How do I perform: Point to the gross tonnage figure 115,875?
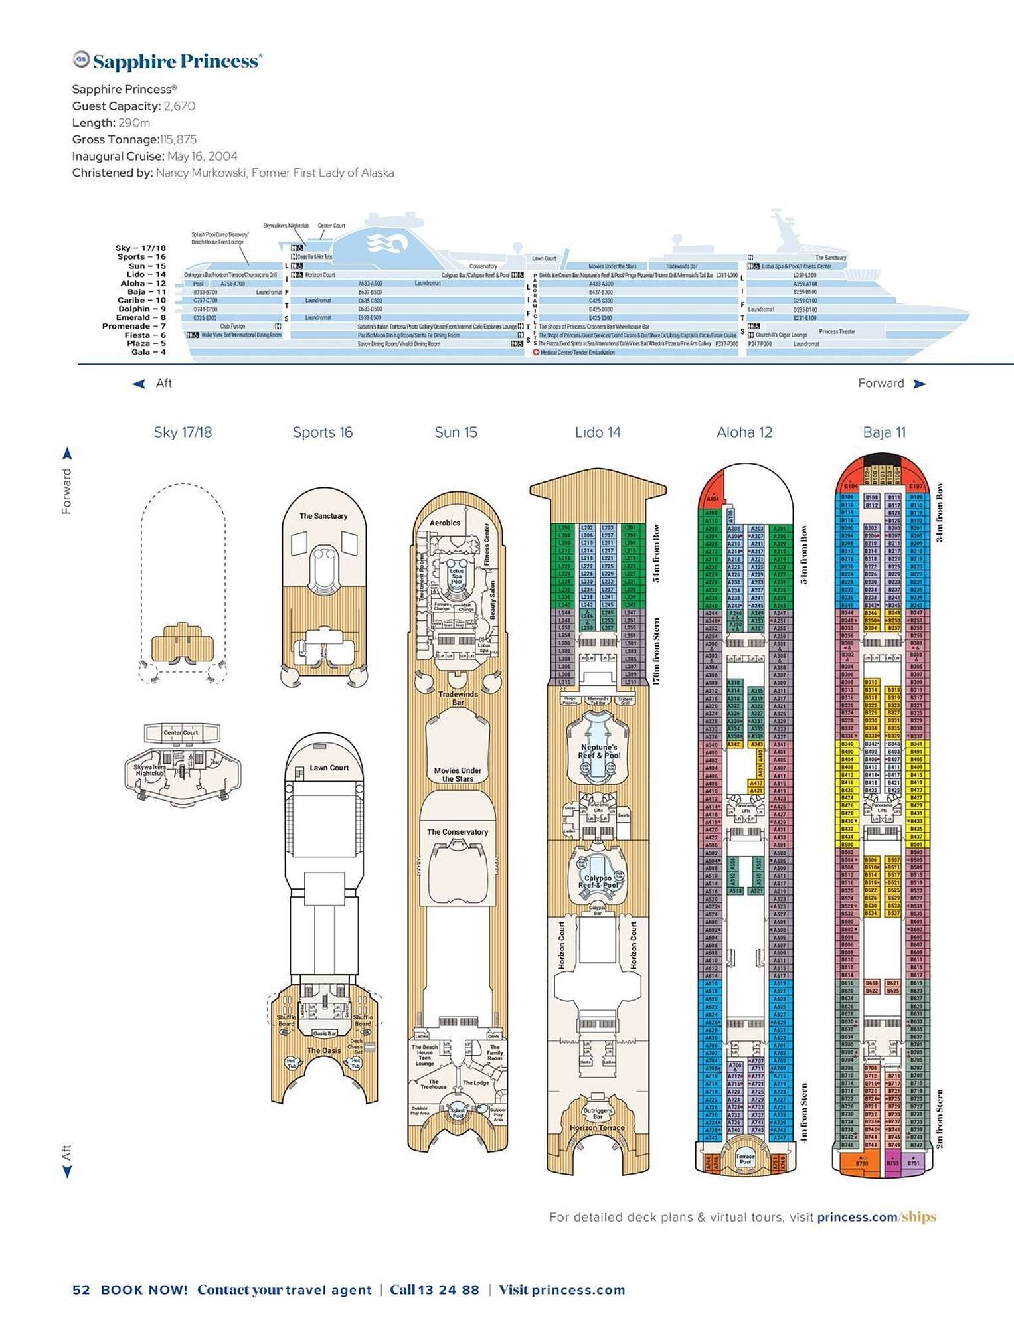tap(178, 139)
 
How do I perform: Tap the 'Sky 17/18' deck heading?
tap(183, 432)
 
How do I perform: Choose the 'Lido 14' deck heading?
tap(598, 432)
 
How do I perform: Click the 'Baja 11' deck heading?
tap(884, 432)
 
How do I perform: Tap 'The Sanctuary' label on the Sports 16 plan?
tap(323, 516)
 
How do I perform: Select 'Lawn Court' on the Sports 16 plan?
tap(329, 768)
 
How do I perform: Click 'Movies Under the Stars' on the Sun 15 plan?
tap(458, 774)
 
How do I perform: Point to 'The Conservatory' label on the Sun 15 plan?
tap(458, 831)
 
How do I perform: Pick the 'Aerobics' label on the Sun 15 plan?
tap(445, 523)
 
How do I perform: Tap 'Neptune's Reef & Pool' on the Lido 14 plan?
tap(599, 751)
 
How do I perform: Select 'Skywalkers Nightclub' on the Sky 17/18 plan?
tap(150, 770)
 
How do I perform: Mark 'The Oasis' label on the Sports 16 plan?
tap(323, 1050)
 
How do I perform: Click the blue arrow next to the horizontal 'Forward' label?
tap(920, 384)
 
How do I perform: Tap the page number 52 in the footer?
tap(81, 1290)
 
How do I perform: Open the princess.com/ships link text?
tap(877, 1217)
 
